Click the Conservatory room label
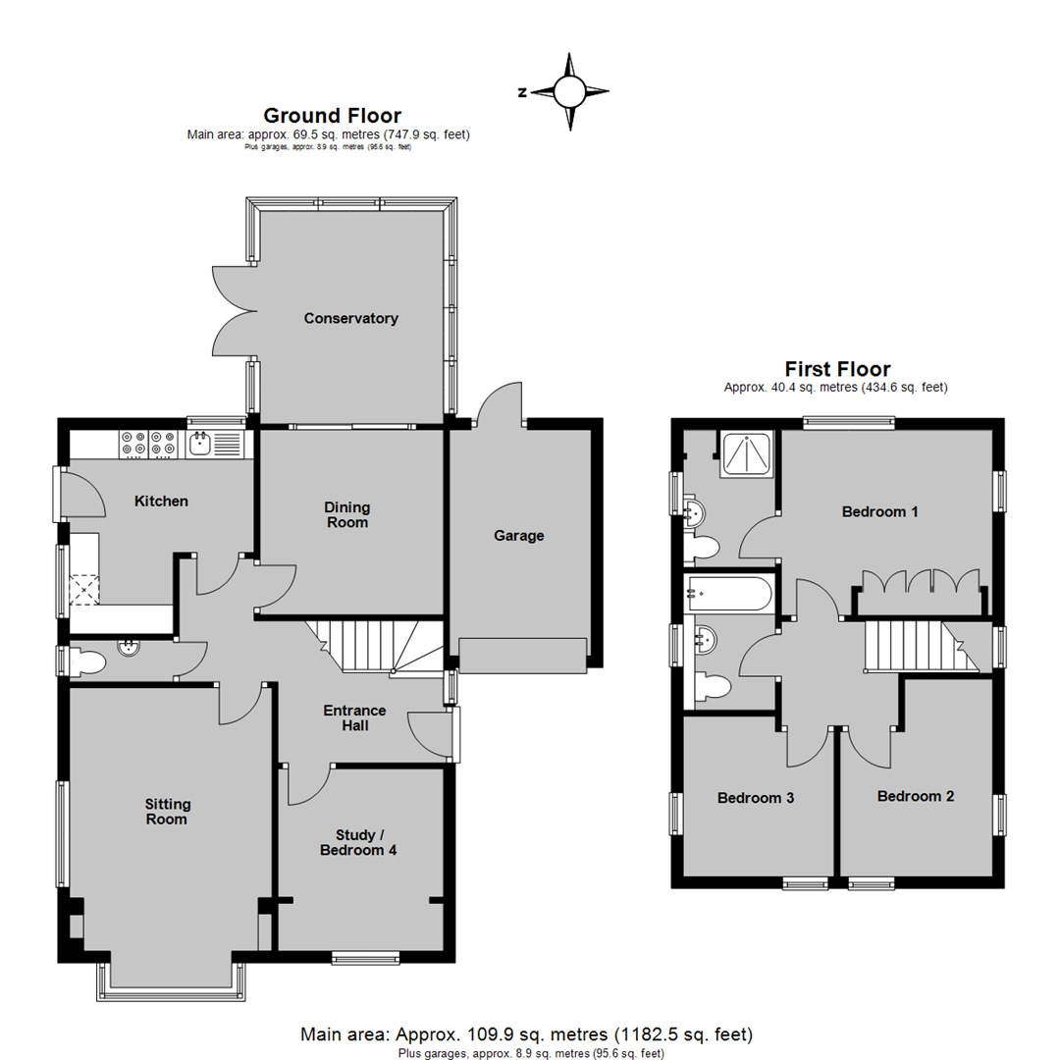(350, 318)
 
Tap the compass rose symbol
(568, 92)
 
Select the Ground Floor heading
(332, 116)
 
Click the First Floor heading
(836, 369)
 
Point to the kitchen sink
(200, 445)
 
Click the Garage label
(518, 536)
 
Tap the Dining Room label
(347, 514)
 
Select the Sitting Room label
(166, 811)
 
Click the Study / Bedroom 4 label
(358, 842)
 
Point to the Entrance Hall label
(354, 717)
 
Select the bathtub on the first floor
(730, 591)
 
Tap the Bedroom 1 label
(880, 511)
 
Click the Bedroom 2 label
(915, 796)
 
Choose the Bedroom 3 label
(756, 798)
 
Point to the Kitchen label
(161, 502)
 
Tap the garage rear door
(499, 402)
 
